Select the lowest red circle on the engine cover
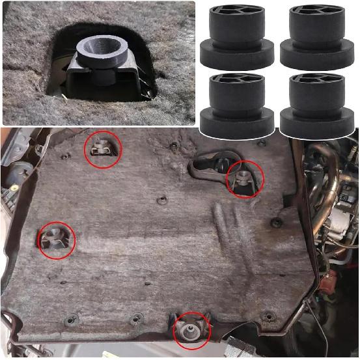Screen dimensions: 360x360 point(191,329)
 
